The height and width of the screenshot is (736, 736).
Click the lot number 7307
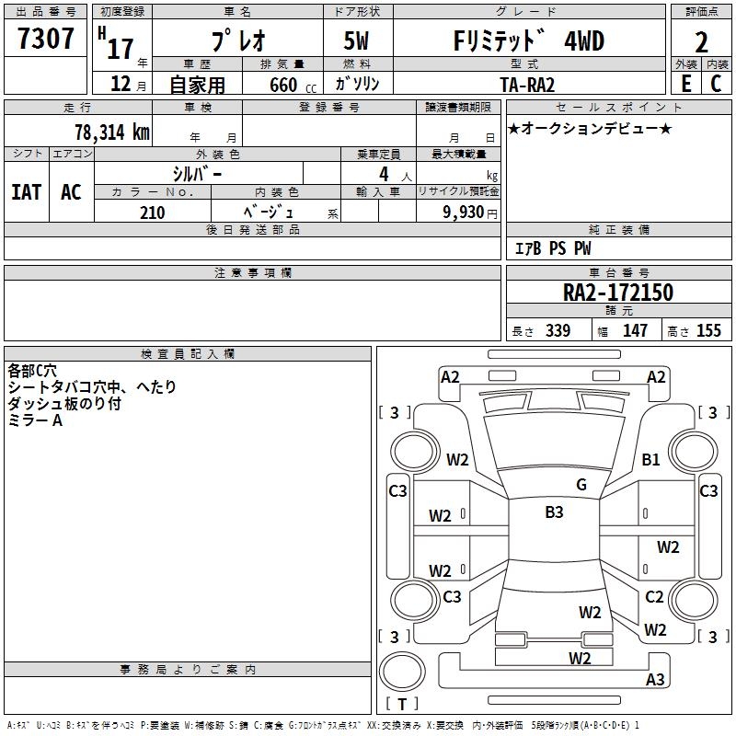click(46, 39)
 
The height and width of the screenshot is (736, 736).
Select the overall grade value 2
click(701, 42)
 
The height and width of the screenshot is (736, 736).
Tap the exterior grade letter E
click(686, 84)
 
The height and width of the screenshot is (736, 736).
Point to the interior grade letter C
click(716, 84)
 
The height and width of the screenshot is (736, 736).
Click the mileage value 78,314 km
click(112, 132)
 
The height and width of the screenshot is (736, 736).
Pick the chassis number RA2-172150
click(618, 293)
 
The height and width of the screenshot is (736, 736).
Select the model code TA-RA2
click(527, 85)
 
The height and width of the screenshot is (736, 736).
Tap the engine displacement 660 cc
click(293, 85)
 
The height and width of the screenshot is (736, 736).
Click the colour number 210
click(153, 213)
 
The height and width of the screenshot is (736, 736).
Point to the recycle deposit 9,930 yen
click(470, 213)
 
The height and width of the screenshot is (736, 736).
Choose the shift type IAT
click(27, 192)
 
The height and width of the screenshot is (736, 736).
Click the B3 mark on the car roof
click(554, 512)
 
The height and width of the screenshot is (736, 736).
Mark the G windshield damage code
click(581, 484)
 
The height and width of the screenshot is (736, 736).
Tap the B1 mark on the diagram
click(650, 459)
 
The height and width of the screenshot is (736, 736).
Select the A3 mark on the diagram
click(655, 679)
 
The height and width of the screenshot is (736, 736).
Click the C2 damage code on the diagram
click(654, 596)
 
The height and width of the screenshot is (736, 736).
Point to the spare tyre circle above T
click(402, 672)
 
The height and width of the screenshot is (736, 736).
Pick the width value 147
click(635, 330)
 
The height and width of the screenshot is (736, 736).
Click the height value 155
click(708, 330)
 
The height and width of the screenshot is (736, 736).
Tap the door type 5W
click(356, 40)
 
